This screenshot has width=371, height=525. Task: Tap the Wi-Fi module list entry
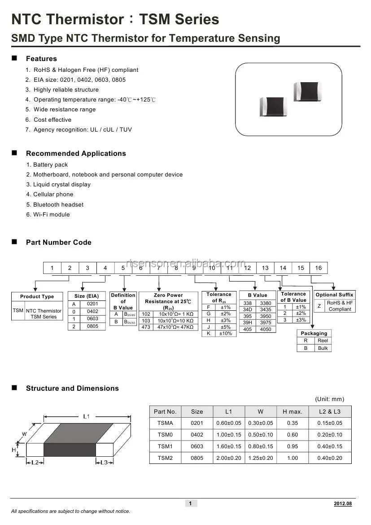[51, 214]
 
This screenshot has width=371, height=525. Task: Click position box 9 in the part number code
[194, 268]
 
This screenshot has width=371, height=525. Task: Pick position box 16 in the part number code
[318, 268]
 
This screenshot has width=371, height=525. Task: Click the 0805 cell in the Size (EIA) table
[92, 326]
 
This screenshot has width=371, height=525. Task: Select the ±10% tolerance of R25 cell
[226, 333]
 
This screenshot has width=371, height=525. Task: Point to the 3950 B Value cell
[266, 316]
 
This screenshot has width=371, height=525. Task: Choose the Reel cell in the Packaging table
[323, 341]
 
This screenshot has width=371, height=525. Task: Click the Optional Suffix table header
[334, 295]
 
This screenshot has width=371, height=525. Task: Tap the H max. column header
[292, 411]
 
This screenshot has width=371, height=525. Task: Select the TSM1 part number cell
[165, 446]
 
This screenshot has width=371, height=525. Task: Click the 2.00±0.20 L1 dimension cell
[229, 458]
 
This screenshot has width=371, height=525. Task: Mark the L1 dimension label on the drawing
[86, 416]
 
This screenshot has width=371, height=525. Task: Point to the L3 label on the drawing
[104, 462]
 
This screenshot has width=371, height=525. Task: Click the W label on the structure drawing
[24, 434]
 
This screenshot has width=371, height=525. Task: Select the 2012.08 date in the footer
[343, 503]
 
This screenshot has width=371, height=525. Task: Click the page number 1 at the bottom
[190, 503]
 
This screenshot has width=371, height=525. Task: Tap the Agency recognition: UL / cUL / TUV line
[83, 130]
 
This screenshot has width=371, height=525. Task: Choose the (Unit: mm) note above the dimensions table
[330, 399]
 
